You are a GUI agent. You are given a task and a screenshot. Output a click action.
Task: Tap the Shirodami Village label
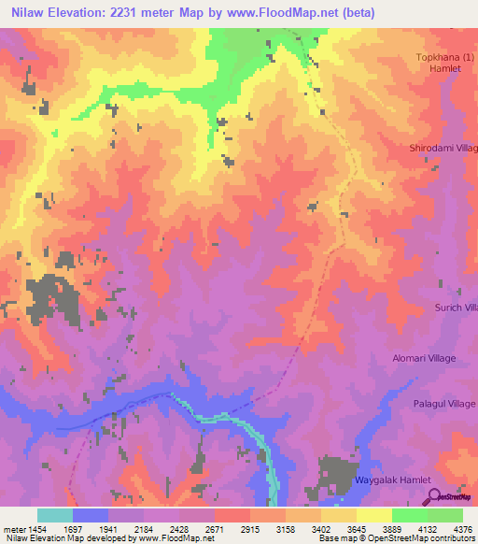pyautogui.click(x=443, y=149)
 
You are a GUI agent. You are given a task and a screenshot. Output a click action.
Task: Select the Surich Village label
pyautogui.click(x=455, y=307)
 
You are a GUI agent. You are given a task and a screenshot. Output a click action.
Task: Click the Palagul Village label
pyautogui.click(x=443, y=403)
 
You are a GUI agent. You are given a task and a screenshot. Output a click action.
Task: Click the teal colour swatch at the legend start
pyautogui.click(x=54, y=515)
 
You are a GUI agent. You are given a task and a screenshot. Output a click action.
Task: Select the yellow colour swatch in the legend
pyautogui.click(x=373, y=515)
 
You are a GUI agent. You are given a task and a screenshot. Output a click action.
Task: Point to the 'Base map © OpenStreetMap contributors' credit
pyautogui.click(x=396, y=539)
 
